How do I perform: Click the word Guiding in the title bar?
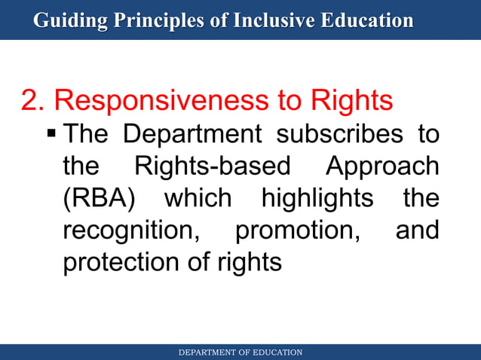pyautogui.click(x=69, y=20)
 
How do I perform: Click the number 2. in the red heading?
pyautogui.click(x=34, y=101)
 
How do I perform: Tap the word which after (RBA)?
pyautogui.click(x=198, y=199)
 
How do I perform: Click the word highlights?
pyautogui.click(x=317, y=199)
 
